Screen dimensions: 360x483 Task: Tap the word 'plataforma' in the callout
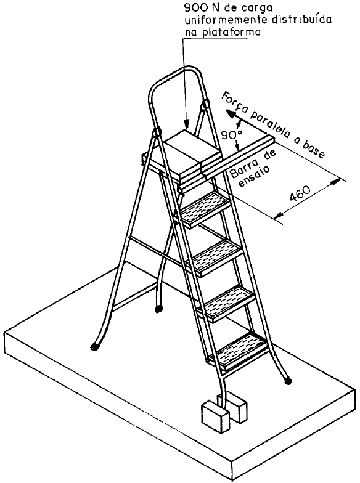pos(230,32)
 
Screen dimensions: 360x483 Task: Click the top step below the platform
pos(205,209)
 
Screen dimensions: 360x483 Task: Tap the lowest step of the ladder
pos(239,351)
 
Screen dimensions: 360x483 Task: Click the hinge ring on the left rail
pos(157,132)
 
